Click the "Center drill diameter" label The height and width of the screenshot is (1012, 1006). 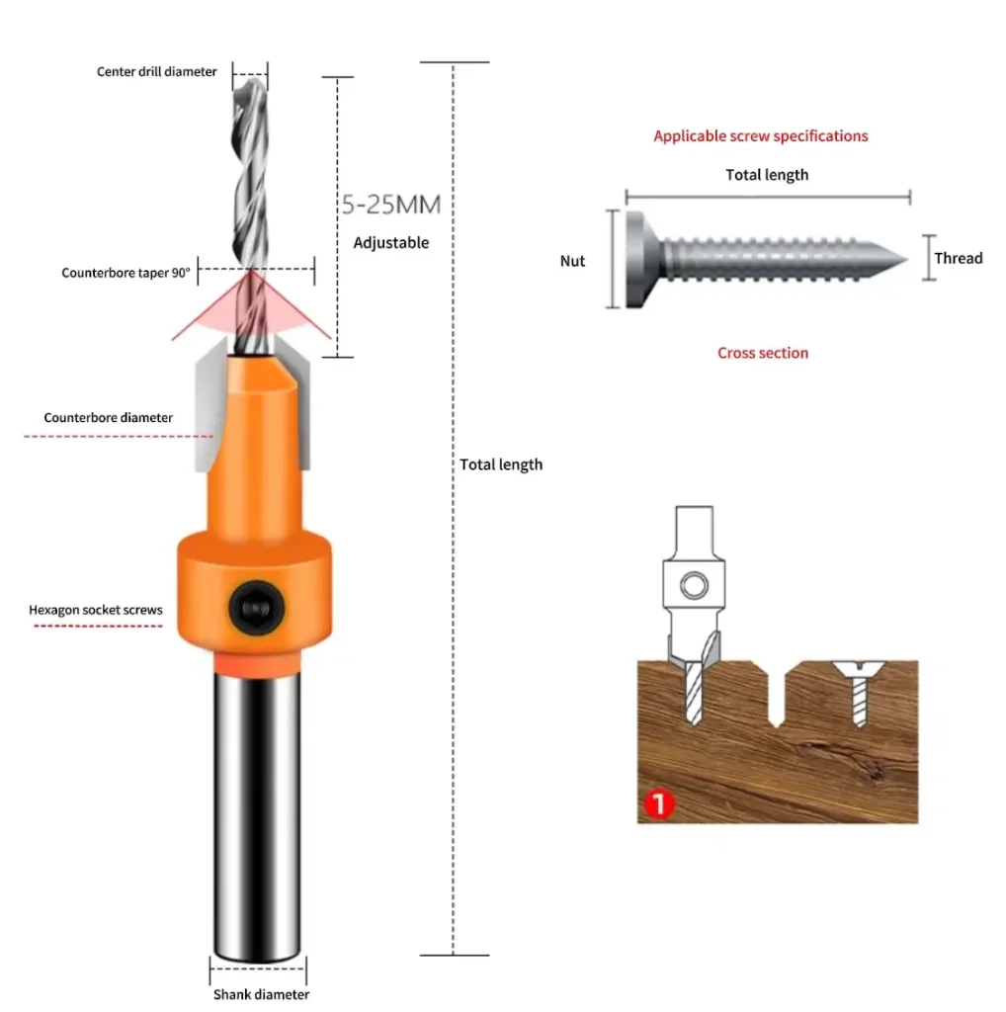click(x=157, y=71)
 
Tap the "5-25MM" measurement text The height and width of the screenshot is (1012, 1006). click(x=391, y=205)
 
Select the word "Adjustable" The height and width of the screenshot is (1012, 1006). click(x=391, y=243)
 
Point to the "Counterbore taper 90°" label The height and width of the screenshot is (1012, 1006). click(x=126, y=273)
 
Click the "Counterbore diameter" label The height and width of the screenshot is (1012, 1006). click(x=109, y=418)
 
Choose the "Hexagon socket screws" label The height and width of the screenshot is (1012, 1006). click(x=96, y=610)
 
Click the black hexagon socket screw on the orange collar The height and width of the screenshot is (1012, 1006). click(x=256, y=608)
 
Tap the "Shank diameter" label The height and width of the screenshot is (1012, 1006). click(x=261, y=994)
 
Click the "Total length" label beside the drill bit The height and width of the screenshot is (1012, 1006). click(x=501, y=464)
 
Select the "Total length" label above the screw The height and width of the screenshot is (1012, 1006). click(x=767, y=175)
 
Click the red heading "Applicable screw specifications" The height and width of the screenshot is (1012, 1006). click(x=761, y=136)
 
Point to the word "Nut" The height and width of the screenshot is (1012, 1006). click(x=572, y=261)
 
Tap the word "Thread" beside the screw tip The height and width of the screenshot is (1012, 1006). click(x=959, y=258)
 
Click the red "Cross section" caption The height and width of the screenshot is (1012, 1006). click(x=763, y=353)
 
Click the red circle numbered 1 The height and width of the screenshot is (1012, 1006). click(x=659, y=804)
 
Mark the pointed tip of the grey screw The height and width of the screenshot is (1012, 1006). click(x=905, y=260)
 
